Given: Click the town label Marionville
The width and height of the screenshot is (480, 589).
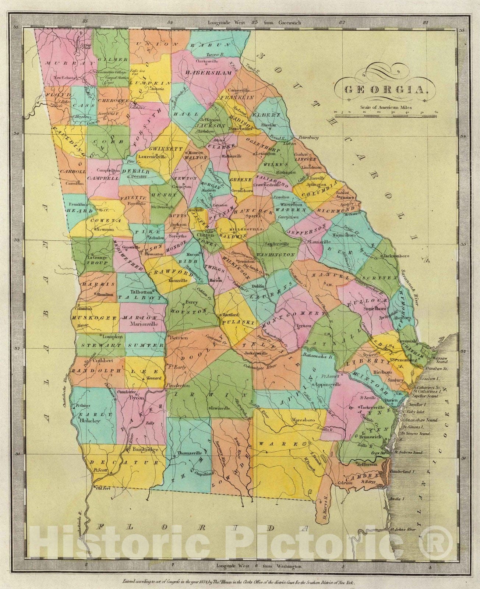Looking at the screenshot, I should point(144,324).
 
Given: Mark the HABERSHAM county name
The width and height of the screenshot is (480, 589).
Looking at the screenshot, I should point(209,73).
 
